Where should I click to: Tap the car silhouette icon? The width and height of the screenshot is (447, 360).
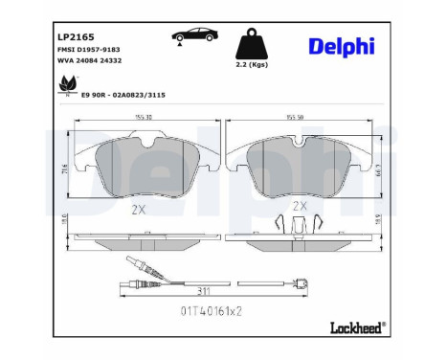192,37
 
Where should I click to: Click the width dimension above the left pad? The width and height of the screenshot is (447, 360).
143,117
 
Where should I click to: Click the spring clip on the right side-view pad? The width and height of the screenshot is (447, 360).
300,227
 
